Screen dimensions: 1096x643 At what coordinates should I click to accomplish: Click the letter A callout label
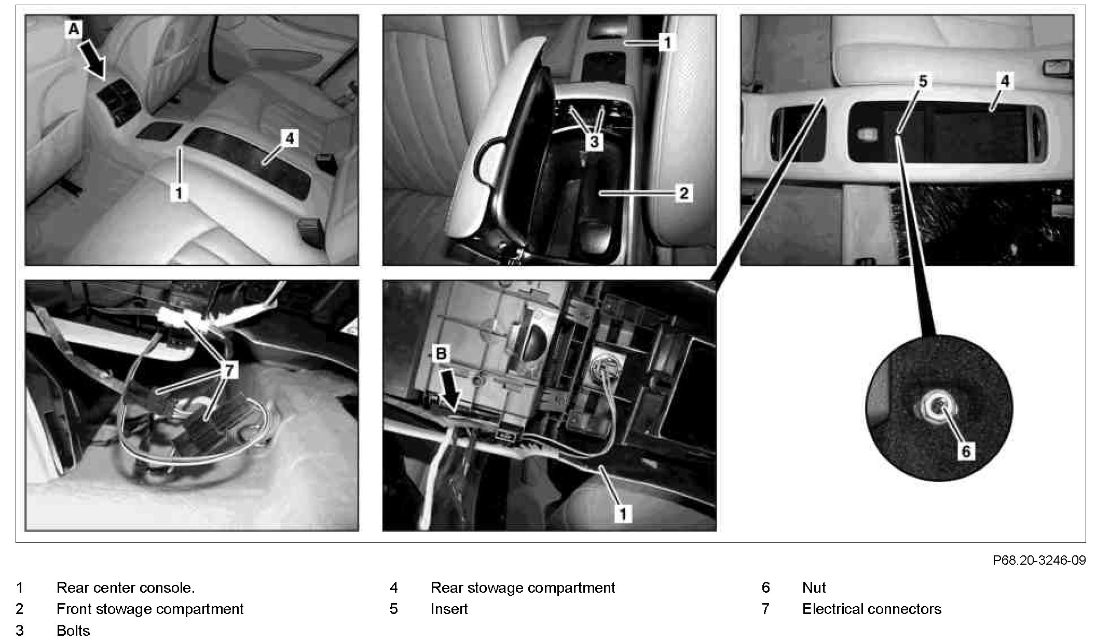(x=74, y=30)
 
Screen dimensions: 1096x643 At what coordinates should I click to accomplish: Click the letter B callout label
(x=441, y=354)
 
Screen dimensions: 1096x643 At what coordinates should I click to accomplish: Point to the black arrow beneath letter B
(x=449, y=388)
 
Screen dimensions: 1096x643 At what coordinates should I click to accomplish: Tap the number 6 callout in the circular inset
(x=966, y=451)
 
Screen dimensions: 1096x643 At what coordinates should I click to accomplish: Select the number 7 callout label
(x=229, y=370)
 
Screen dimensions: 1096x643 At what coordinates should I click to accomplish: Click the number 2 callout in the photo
(x=684, y=193)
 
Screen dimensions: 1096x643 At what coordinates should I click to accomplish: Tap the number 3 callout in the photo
(x=595, y=142)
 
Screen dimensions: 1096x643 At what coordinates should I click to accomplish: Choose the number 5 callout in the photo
(x=923, y=81)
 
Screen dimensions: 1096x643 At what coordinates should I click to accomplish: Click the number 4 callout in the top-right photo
(x=1005, y=81)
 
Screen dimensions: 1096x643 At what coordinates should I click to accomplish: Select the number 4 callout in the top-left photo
(x=290, y=138)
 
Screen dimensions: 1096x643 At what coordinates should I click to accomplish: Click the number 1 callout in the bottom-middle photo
(x=623, y=514)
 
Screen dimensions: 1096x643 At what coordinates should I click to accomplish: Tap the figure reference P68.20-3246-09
(x=1039, y=560)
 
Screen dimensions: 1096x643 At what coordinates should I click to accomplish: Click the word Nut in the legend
(x=814, y=588)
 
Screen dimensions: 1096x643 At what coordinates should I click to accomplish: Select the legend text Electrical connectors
(x=872, y=609)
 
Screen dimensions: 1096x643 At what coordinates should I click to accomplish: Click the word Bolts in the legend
(x=73, y=631)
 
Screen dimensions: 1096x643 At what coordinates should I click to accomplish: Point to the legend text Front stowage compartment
(x=150, y=609)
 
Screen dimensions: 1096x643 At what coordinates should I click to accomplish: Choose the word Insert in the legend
(x=449, y=609)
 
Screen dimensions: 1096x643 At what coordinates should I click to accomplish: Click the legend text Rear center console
(x=126, y=588)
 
